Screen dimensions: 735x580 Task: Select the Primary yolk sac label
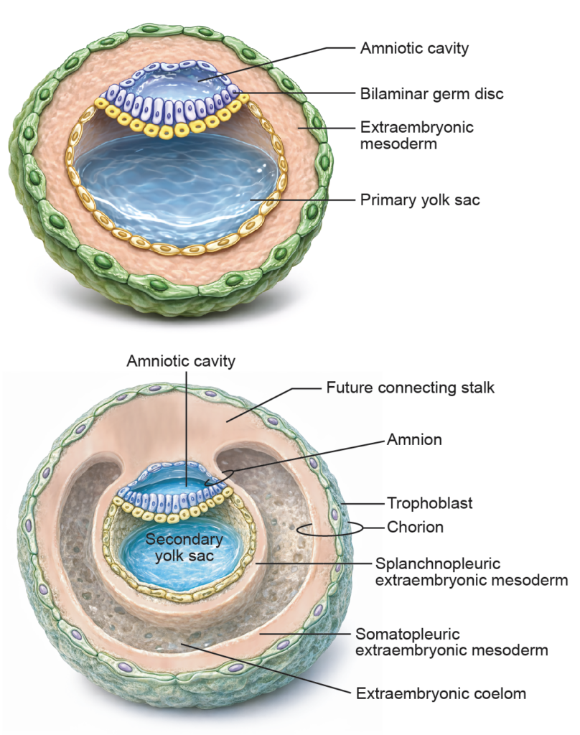[x=419, y=200]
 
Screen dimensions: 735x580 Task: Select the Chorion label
[x=415, y=528]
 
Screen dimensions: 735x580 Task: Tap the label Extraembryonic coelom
[x=441, y=694]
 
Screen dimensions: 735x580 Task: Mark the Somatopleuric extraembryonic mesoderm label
[x=452, y=642]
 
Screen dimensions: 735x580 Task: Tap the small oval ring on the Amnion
[x=217, y=478]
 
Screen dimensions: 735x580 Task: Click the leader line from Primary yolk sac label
[x=301, y=200]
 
